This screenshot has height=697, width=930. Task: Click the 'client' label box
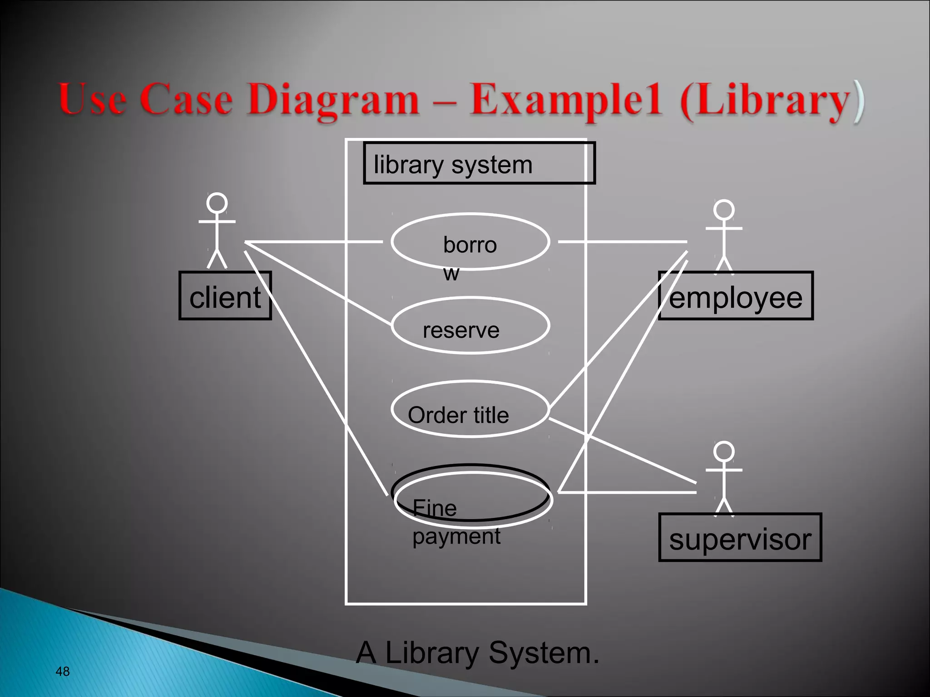225,296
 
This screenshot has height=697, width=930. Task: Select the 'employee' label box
736,296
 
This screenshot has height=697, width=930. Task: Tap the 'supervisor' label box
740,538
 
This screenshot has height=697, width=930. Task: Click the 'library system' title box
479,163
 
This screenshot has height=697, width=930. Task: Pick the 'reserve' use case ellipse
470,325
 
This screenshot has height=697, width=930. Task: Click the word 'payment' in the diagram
456,536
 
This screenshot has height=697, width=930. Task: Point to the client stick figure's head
217,203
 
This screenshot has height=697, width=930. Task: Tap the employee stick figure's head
724,210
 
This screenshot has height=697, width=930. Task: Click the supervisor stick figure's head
724,452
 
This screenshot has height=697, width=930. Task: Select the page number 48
62,672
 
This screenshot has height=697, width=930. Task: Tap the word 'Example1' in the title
565,100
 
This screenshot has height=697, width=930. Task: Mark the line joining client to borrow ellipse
313,242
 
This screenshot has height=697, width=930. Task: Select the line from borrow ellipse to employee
622,242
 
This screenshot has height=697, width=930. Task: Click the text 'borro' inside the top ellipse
470,245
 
